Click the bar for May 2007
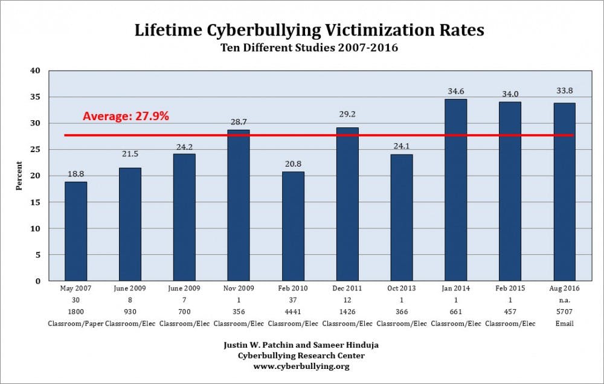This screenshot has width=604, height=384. (x=75, y=231)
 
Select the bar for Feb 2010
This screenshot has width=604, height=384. (x=293, y=226)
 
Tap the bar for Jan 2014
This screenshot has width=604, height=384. (x=455, y=190)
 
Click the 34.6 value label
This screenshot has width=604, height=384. (x=456, y=92)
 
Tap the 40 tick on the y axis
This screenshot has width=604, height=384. (x=36, y=71)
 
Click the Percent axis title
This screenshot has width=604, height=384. (x=19, y=176)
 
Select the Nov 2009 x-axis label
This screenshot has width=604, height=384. (x=239, y=288)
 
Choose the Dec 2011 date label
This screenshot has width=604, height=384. (x=347, y=288)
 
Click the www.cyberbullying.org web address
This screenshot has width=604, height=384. (x=301, y=366)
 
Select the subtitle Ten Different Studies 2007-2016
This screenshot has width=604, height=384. (x=301, y=48)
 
